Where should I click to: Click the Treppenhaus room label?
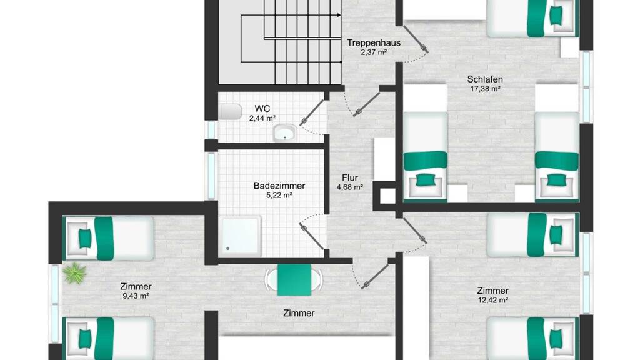tap(374, 42)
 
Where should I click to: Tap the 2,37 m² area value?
tap(374, 52)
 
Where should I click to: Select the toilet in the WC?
tap(231, 111)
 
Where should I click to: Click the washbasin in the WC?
tap(285, 132)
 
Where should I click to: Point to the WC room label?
tap(262, 109)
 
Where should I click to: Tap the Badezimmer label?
tap(279, 186)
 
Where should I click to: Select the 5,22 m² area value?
tap(279, 196)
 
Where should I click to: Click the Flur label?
tap(350, 177)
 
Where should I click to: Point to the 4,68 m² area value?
tap(350, 187)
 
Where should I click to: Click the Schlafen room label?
tap(485, 79)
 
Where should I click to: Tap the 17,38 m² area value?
tap(485, 89)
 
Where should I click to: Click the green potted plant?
tap(75, 273)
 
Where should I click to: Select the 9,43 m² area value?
tap(136, 296)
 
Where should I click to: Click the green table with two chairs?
tap(294, 280)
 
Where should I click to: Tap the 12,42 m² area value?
tap(492, 301)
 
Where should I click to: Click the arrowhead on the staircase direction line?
tap(339, 16)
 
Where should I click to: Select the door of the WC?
tap(312, 112)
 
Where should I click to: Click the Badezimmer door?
tap(312, 236)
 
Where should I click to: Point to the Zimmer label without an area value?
tap(299, 314)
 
